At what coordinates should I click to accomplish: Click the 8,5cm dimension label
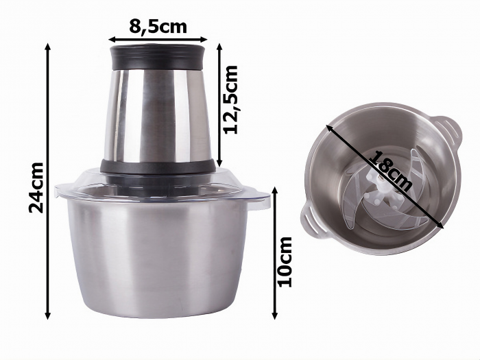pyautogui.click(x=158, y=27)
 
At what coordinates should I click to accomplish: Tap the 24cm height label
pyautogui.click(x=36, y=187)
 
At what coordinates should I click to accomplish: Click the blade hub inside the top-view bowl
pyautogui.click(x=376, y=185)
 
